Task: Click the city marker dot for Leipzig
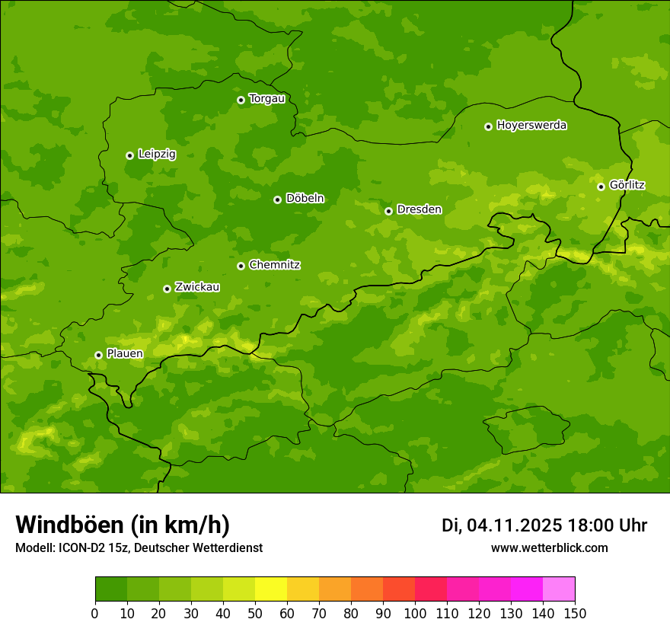click(x=129, y=155)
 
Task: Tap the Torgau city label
click(x=266, y=99)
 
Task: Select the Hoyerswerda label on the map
click(x=531, y=126)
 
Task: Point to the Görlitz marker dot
click(x=601, y=187)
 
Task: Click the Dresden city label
click(x=419, y=209)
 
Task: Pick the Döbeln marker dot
click(x=277, y=199)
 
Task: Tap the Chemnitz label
click(x=274, y=265)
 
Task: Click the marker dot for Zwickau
click(x=167, y=289)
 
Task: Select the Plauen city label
click(x=125, y=354)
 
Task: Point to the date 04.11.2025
click(x=515, y=525)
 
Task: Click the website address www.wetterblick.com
click(x=549, y=548)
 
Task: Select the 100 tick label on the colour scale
click(x=415, y=614)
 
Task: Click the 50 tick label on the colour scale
click(x=255, y=614)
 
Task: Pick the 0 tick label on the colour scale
click(x=95, y=614)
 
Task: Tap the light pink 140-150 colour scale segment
click(x=559, y=589)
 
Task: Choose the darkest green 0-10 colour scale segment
click(x=111, y=589)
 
